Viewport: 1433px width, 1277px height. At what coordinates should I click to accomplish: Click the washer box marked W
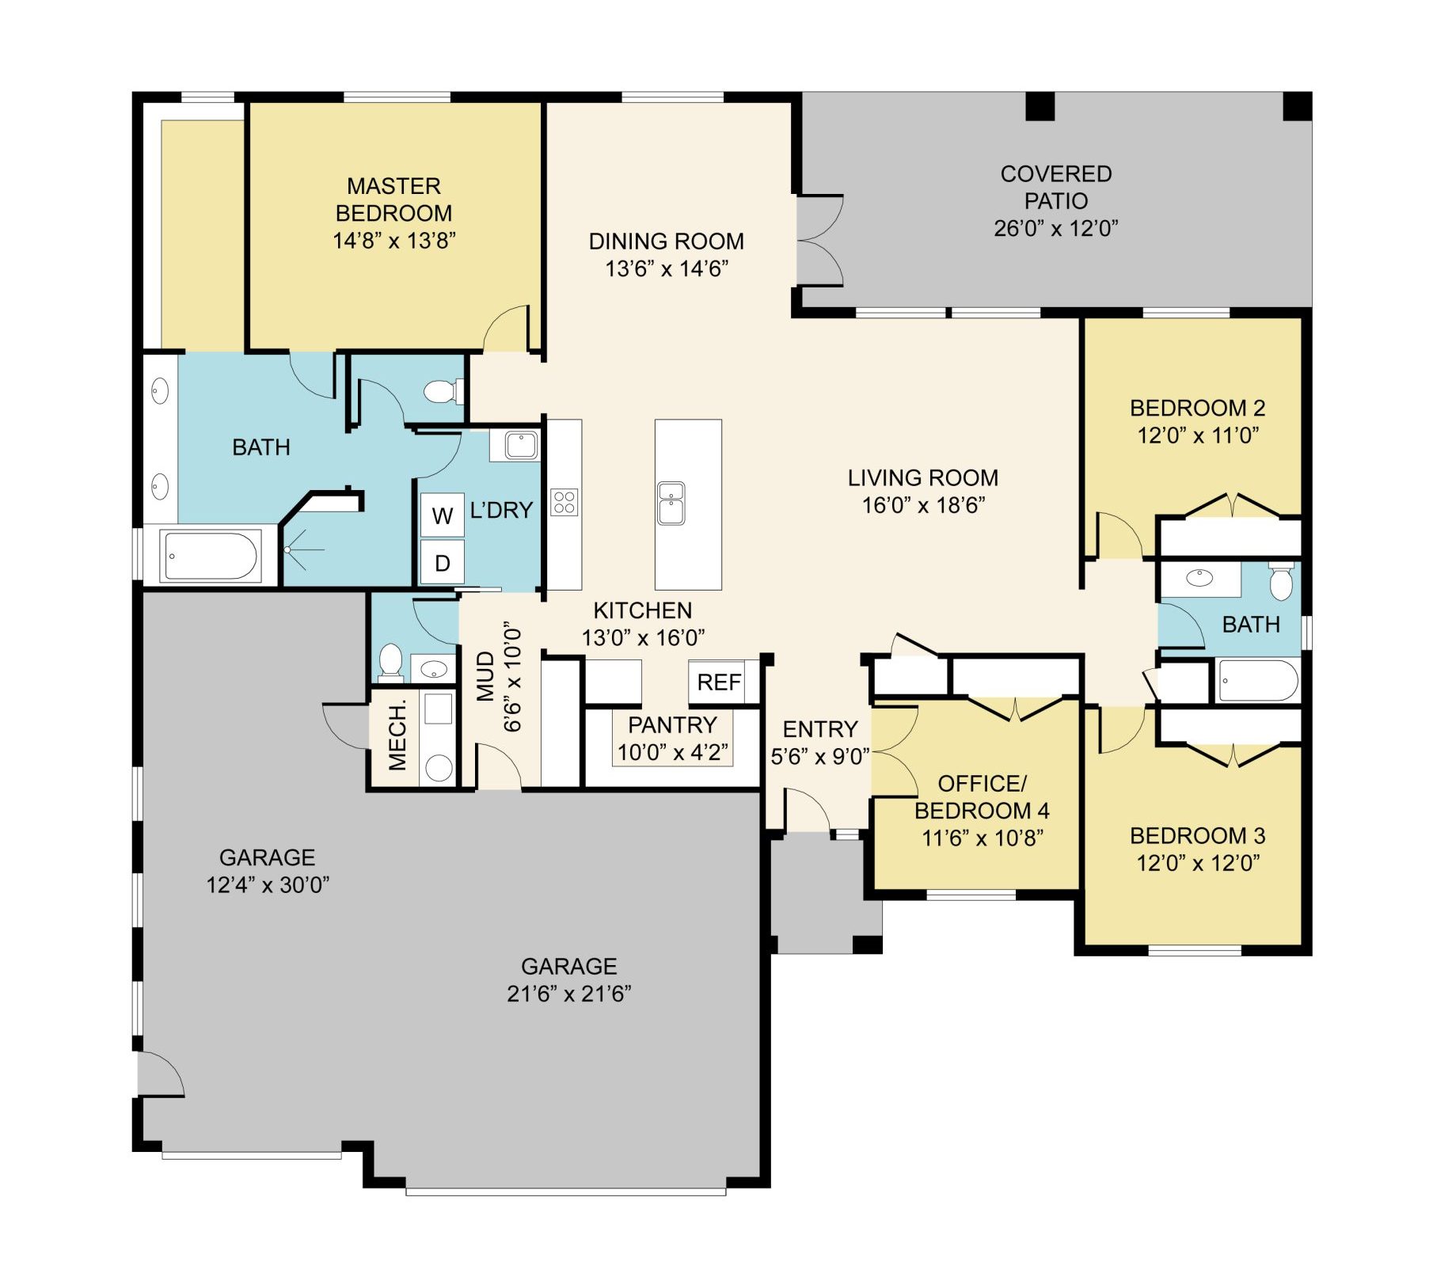click(x=442, y=515)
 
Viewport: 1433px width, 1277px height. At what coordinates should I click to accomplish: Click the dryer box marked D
click(x=442, y=562)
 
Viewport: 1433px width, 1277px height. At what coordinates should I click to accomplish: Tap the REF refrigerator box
click(x=718, y=682)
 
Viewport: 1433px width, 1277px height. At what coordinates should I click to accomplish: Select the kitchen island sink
click(x=671, y=504)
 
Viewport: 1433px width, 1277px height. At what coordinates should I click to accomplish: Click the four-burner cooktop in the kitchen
click(x=564, y=502)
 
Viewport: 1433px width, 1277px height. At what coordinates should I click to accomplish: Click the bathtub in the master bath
click(x=211, y=556)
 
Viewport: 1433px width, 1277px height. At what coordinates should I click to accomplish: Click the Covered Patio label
click(x=1055, y=187)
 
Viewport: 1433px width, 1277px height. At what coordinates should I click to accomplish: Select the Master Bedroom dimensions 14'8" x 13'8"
click(x=394, y=241)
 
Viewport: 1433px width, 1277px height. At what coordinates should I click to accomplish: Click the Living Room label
click(x=923, y=477)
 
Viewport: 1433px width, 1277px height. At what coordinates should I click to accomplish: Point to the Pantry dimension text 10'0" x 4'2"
click(x=673, y=751)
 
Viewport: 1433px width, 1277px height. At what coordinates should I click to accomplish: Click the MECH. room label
click(x=397, y=734)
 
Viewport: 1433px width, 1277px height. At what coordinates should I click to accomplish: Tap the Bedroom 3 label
click(x=1197, y=835)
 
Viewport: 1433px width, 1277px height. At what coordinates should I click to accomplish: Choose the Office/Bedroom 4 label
click(x=982, y=797)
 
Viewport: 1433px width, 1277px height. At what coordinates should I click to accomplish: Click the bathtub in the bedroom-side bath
click(x=1258, y=680)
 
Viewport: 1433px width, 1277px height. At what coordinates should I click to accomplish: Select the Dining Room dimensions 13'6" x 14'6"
click(x=667, y=268)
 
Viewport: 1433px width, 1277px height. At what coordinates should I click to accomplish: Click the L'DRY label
click(x=501, y=510)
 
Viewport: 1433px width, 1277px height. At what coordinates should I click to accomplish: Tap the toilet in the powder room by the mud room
click(x=390, y=663)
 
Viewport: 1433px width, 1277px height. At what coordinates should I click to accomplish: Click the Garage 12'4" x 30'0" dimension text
click(x=268, y=884)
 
